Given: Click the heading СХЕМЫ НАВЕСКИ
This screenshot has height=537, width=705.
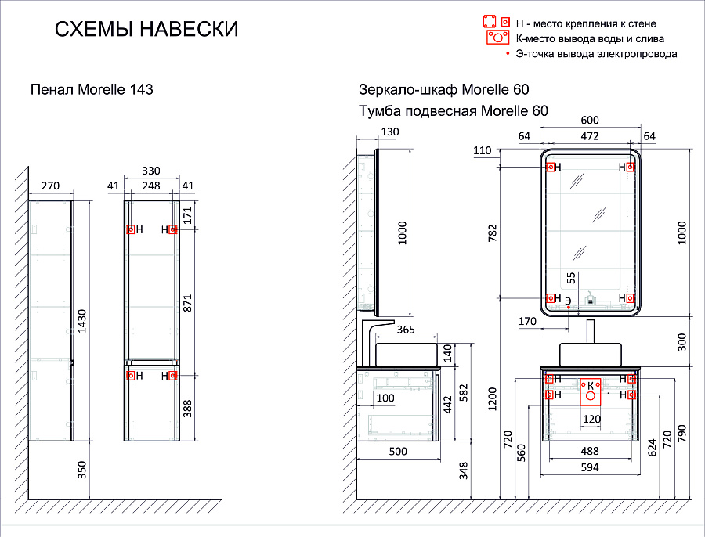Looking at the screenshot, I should point(146,30).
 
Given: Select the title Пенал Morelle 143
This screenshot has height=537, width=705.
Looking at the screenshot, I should point(91,89).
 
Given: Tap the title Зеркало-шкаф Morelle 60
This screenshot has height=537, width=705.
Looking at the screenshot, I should point(443,89).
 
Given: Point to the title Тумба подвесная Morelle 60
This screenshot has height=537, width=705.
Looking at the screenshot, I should point(453,111).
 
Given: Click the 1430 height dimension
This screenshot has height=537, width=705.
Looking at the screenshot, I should point(82,322).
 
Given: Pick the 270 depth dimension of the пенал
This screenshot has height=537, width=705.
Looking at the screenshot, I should point(50,186).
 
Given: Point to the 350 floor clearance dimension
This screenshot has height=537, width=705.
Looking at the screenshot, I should point(82,470).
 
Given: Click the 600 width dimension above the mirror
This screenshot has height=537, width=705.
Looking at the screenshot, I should point(589,120).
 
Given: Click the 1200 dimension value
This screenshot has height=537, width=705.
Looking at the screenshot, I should point(492,399).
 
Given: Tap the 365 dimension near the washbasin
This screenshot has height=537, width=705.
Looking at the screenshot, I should point(405,330).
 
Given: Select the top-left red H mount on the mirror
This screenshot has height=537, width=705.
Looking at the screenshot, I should point(551,167).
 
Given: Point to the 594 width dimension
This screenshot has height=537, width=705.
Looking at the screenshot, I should point(589,467).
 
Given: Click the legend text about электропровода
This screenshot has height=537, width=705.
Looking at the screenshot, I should point(595,54).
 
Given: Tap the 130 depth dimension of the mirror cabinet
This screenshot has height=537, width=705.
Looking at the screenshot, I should point(389,131).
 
